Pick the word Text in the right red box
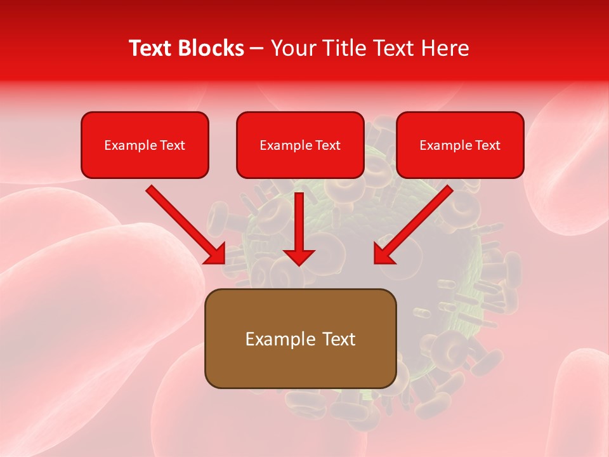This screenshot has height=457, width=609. coord(488,145)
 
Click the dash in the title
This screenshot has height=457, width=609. coord(257,48)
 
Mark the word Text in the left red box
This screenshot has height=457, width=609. coord(173,145)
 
